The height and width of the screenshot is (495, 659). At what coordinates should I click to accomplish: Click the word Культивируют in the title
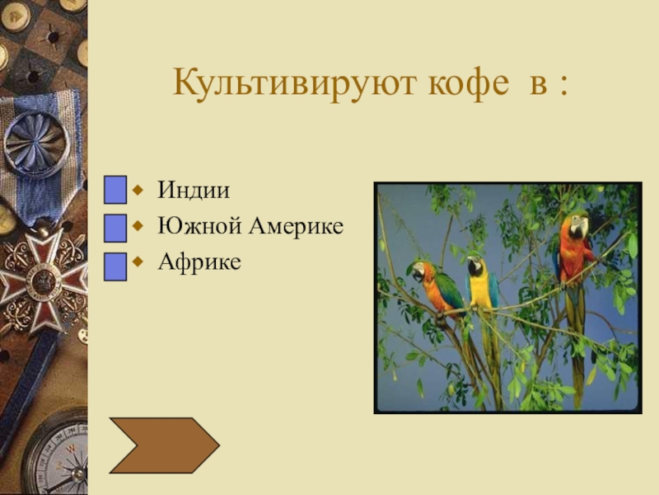294,84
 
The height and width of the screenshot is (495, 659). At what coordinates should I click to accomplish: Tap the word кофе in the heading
469,83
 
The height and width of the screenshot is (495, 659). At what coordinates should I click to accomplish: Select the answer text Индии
194,190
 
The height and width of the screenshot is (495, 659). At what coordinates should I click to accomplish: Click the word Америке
297,225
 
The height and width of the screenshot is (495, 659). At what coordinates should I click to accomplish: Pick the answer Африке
199,262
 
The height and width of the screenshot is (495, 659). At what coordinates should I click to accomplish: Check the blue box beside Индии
115,190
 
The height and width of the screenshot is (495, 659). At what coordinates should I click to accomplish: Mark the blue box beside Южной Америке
115,228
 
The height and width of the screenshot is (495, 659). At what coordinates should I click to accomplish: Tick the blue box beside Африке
115,266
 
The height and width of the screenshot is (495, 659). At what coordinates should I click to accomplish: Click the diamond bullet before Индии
138,191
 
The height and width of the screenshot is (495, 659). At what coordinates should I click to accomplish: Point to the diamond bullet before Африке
138,262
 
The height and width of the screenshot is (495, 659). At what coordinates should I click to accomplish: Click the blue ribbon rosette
36,143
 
